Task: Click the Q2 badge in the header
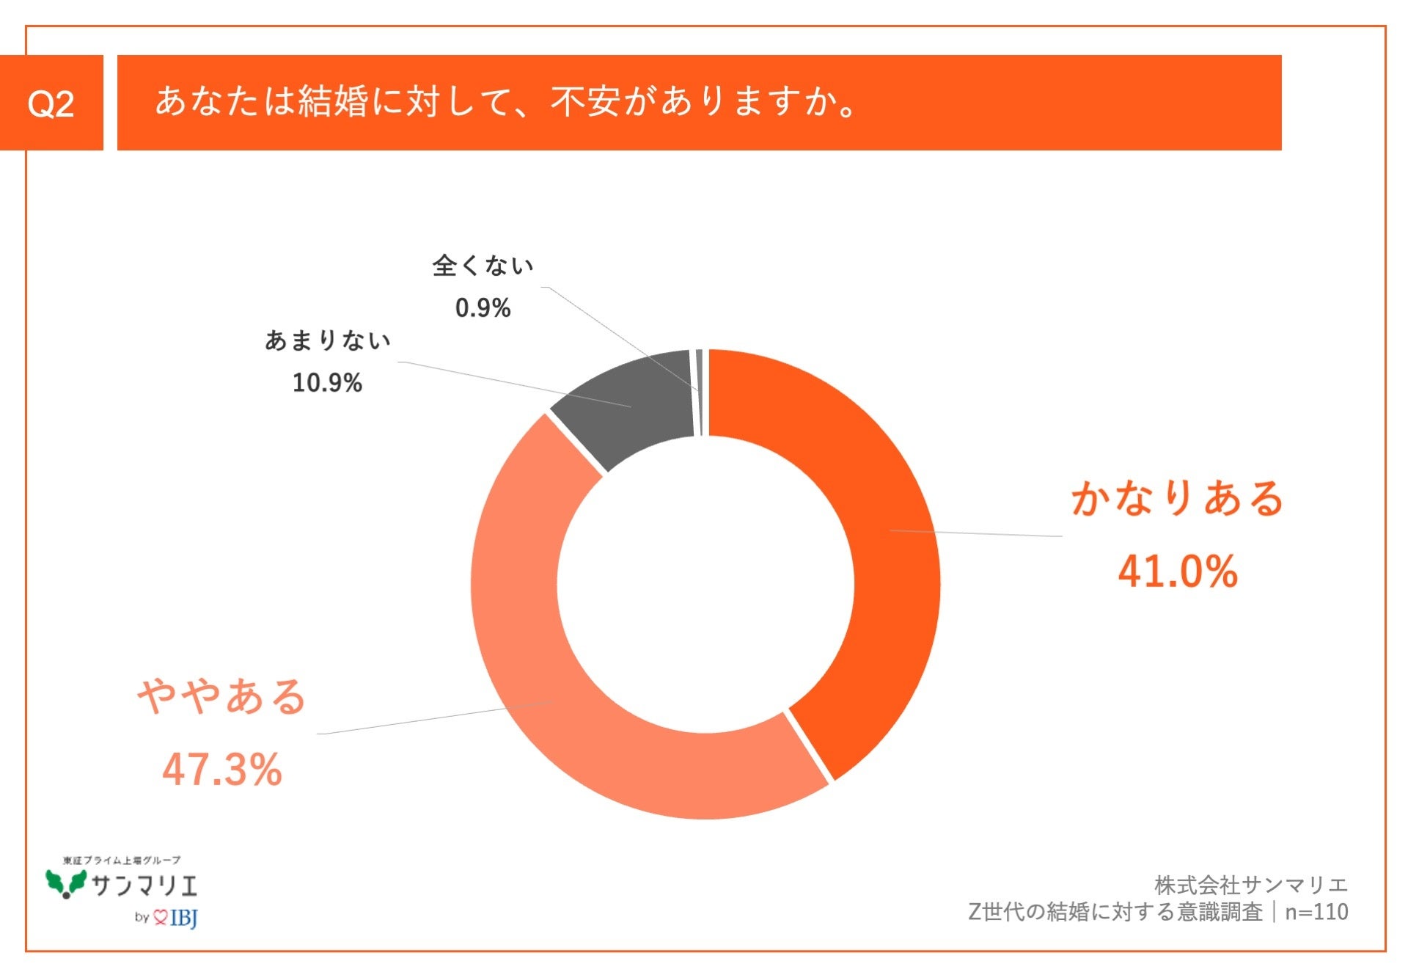[51, 103]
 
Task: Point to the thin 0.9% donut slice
[700, 392]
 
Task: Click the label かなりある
[1177, 498]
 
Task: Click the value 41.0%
[1177, 572]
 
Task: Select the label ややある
[222, 696]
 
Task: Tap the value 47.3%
[222, 770]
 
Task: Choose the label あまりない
[327, 340]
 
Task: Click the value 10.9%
[327, 382]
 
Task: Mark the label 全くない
[483, 266]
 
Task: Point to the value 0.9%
[483, 307]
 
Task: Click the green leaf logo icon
[66, 883]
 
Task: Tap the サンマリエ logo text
[145, 886]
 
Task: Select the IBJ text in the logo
[183, 918]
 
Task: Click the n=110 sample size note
[1316, 912]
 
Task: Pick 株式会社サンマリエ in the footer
[1251, 885]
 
